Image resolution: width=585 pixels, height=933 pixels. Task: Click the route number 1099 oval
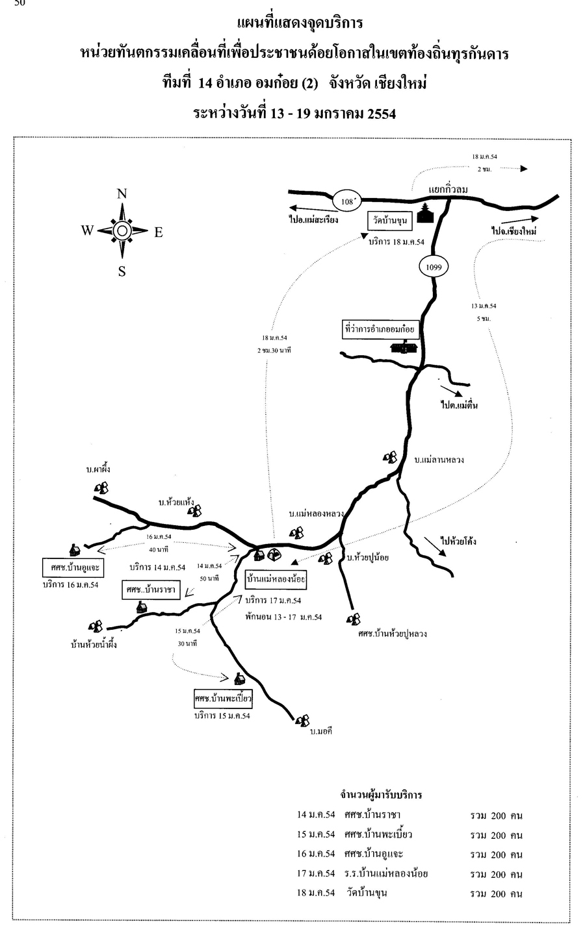pyautogui.click(x=434, y=266)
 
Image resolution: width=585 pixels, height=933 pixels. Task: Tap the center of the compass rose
pyautogui.click(x=122, y=230)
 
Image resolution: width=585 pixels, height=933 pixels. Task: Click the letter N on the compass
pyautogui.click(x=122, y=193)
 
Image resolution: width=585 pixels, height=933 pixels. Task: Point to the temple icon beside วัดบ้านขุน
pyautogui.click(x=426, y=214)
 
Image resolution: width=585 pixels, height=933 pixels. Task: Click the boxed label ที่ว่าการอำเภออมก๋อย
pyautogui.click(x=380, y=330)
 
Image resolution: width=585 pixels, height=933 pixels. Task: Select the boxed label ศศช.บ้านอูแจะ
pyautogui.click(x=73, y=567)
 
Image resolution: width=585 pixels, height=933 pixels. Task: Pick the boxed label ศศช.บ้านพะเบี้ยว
pyautogui.click(x=222, y=699)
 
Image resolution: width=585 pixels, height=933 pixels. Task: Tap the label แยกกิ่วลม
pyautogui.click(x=448, y=189)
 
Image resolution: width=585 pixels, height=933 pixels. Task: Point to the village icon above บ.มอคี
pyautogui.click(x=302, y=720)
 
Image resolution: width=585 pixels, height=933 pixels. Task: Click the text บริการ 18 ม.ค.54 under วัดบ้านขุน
pyautogui.click(x=396, y=242)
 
